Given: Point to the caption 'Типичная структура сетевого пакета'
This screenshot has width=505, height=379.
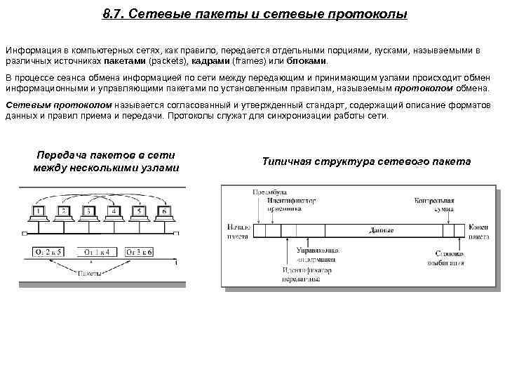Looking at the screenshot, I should coord(366,161).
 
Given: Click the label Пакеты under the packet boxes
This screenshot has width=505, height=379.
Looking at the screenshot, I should coord(89,272).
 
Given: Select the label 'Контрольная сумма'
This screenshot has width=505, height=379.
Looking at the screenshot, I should coord(434,204).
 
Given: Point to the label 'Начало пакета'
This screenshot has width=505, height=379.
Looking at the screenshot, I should coord(238,232).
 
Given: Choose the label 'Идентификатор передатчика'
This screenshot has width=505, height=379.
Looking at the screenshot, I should coord(301,274).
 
